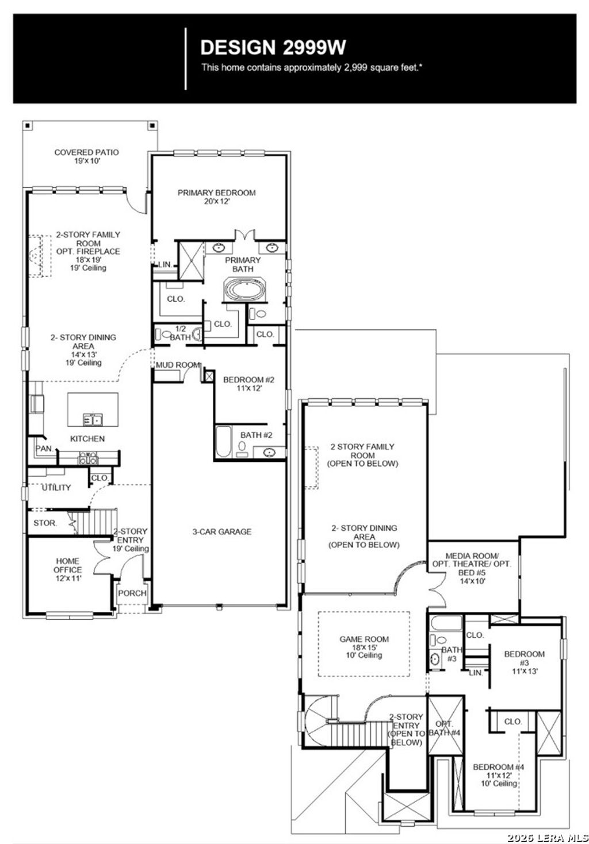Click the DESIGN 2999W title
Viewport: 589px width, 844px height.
pos(273,47)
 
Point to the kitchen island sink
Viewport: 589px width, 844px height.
pos(93,419)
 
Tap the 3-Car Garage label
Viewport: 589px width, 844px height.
pos(221,532)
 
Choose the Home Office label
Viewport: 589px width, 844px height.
pos(68,569)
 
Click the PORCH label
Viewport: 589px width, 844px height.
pos(132,594)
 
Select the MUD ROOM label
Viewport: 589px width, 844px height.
pos(178,365)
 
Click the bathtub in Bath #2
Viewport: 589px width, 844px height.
pos(223,441)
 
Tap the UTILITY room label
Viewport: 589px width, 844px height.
pos(56,488)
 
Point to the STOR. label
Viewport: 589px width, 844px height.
pos(45,523)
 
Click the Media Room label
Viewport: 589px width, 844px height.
pos(472,568)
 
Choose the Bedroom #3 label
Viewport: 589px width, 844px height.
pos(524,662)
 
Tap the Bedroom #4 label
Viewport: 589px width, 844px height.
pos(498,774)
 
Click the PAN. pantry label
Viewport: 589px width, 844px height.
pos(44,448)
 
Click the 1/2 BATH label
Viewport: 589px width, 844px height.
pos(179,333)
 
